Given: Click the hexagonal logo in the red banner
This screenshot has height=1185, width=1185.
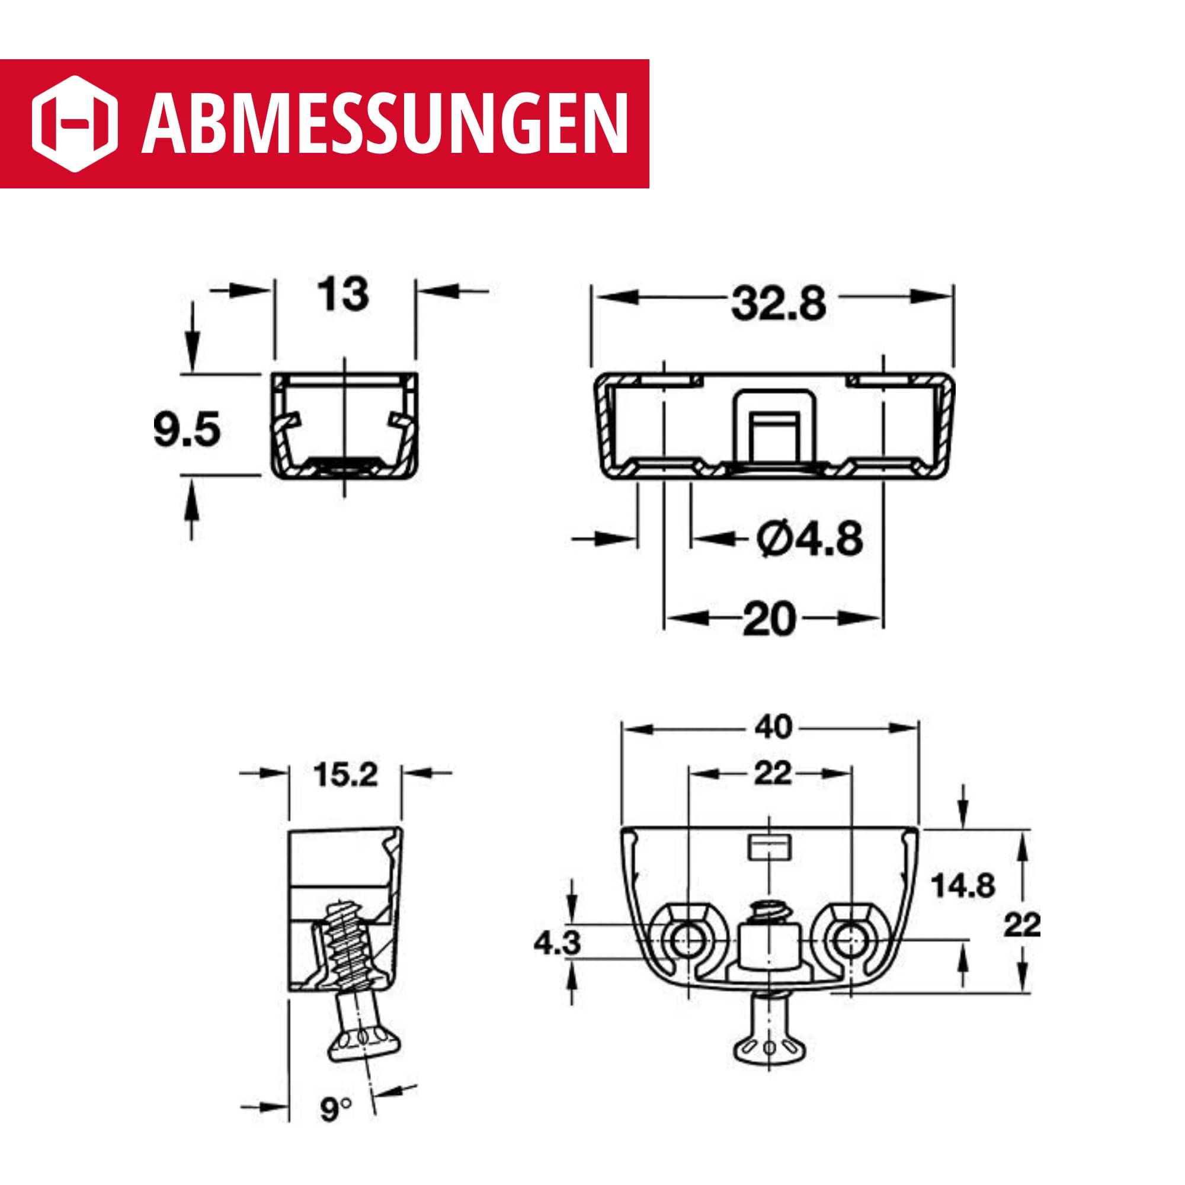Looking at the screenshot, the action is coord(74,123).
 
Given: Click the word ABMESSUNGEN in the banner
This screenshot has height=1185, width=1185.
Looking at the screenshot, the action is coord(385,124).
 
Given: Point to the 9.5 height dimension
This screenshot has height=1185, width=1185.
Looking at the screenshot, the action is coord(187,429).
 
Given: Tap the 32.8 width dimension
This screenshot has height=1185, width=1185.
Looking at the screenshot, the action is coord(779,303).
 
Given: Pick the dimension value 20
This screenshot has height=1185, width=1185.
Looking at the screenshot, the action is coord(769,620).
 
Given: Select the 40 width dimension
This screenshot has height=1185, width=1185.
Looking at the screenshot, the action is coord(773,728).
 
